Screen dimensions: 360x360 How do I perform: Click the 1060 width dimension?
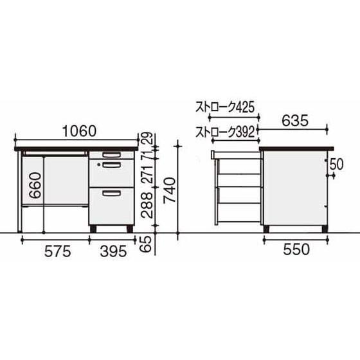point(80,131)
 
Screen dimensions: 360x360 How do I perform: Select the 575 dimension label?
point(58,251)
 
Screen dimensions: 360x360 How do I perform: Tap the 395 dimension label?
point(113,251)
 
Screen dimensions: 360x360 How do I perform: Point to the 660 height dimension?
point(35,186)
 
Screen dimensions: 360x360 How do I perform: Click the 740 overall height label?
point(170,190)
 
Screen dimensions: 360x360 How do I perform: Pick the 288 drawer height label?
point(147,205)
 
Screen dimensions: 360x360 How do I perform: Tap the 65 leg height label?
point(147,244)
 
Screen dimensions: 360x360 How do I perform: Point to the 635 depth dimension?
point(295,121)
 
